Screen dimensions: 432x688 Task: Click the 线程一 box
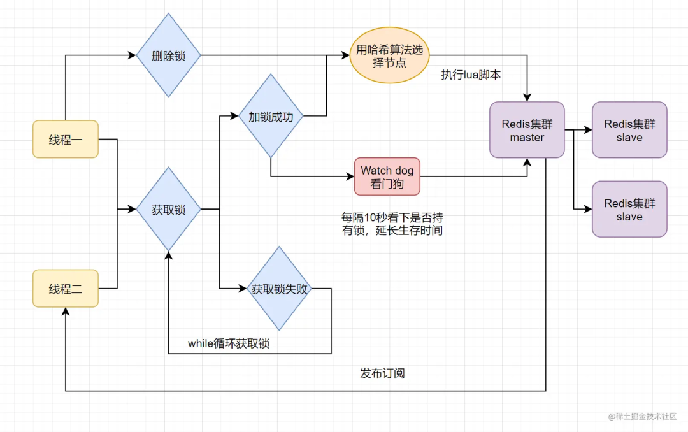[66, 139]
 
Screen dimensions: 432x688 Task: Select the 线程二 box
[66, 289]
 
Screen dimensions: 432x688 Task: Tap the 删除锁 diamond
[169, 55]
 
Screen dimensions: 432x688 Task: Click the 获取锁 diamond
[169, 209]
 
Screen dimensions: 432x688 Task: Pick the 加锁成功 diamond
[271, 117]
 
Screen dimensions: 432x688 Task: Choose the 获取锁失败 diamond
[279, 289]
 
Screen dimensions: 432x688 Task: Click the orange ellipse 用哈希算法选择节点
[389, 55]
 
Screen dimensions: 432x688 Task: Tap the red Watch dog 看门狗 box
[387, 176]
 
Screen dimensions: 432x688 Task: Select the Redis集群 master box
[527, 129]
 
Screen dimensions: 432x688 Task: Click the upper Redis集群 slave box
[629, 129]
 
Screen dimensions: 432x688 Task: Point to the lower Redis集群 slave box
[629, 209]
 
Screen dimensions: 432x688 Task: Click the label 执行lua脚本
[471, 75]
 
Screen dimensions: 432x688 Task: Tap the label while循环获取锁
[229, 343]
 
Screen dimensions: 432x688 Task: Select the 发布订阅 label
[382, 373]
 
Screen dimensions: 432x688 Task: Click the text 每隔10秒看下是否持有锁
[392, 224]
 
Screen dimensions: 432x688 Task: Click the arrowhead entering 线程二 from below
[66, 310]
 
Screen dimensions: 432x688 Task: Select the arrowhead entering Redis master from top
[527, 98]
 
